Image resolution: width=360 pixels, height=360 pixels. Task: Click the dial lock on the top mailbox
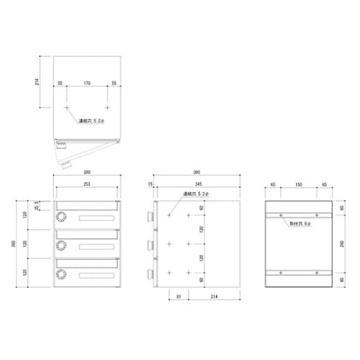[x=61, y=216]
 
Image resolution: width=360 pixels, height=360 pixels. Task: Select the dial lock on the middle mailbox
[x=61, y=246]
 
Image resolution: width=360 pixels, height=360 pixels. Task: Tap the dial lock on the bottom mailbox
[x=61, y=274]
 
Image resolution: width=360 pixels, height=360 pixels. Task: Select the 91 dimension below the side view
[x=178, y=297]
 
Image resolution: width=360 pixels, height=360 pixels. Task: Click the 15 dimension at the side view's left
[x=150, y=186]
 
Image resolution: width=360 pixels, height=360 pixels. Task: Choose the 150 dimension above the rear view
[x=298, y=186]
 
